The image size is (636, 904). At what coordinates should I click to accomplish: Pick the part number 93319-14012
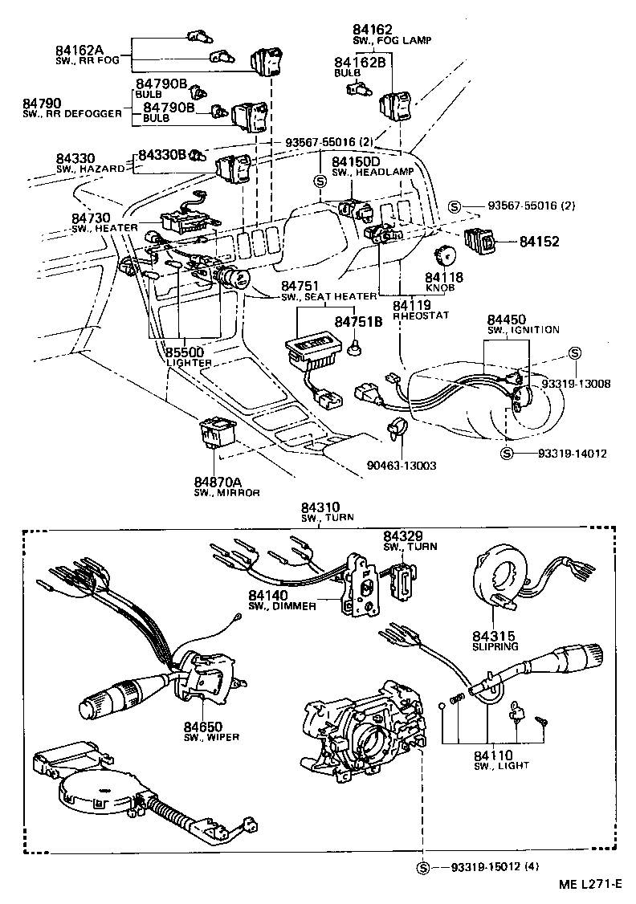click(x=561, y=454)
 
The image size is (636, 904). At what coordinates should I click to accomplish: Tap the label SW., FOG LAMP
click(x=385, y=39)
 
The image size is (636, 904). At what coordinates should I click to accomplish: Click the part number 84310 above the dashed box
click(x=321, y=507)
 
